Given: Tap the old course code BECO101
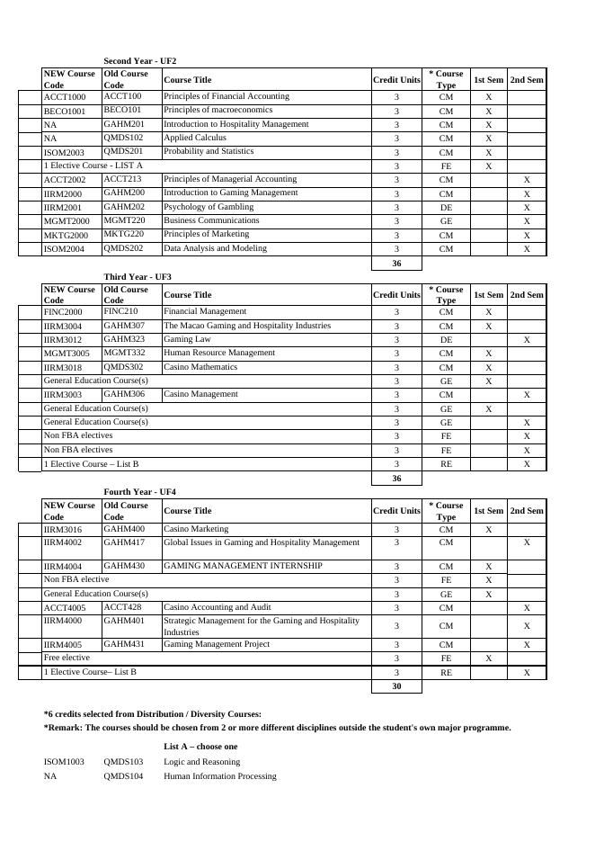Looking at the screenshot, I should [x=122, y=110].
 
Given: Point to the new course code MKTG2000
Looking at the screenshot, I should [x=67, y=235].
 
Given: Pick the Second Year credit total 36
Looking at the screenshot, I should [x=396, y=264].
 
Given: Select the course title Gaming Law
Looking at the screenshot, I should [x=187, y=339].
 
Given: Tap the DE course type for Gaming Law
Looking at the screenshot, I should [x=446, y=340].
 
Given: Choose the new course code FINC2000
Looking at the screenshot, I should [x=63, y=312].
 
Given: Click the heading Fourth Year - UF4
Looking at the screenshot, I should [x=139, y=492].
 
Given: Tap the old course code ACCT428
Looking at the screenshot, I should [x=122, y=607].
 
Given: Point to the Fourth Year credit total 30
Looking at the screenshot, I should [x=396, y=686].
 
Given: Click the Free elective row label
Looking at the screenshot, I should [x=67, y=658].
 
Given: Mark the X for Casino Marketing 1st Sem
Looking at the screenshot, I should [x=489, y=530].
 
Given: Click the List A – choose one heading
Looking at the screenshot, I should [x=200, y=747].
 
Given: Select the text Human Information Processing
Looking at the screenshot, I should [x=219, y=775].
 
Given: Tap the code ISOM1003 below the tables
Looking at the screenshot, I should [x=64, y=762].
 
